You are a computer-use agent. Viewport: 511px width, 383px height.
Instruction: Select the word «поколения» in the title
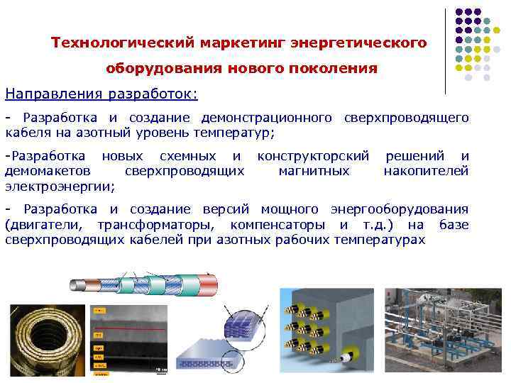pyautogui.click(x=337, y=69)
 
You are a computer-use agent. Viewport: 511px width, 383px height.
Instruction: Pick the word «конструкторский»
pyautogui.click(x=313, y=156)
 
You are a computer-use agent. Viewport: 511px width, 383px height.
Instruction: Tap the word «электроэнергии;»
pyautogui.click(x=60, y=186)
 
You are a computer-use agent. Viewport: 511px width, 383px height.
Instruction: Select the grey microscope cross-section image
pyautogui.click(x=129, y=339)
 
